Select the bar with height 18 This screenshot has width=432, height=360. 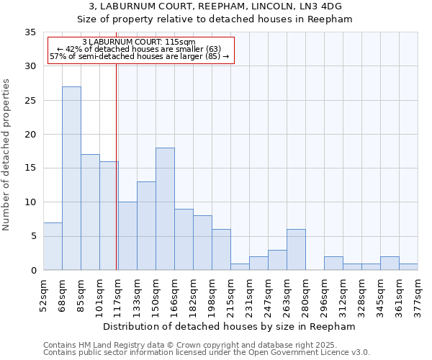(x=165, y=209)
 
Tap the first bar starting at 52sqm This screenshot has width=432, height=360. (x=53, y=246)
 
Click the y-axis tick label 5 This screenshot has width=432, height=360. (x=33, y=237)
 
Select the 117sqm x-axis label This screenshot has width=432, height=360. (x=118, y=296)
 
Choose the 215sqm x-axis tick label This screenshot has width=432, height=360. (x=230, y=296)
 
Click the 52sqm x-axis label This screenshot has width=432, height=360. (x=43, y=296)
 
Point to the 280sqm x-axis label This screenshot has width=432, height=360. (x=305, y=296)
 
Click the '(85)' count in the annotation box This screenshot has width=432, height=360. (x=214, y=56)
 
